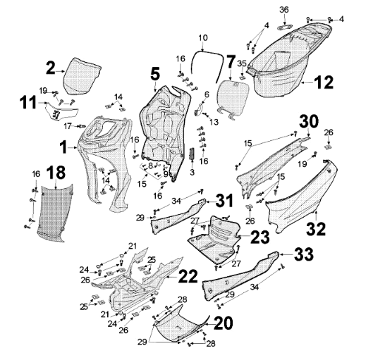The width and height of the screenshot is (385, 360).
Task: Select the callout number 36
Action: (x=284, y=9)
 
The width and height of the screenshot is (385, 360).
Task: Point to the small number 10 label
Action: (x=203, y=37)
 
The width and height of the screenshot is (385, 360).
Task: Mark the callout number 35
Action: (x=241, y=64)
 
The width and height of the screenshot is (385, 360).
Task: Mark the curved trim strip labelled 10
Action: (x=212, y=51)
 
